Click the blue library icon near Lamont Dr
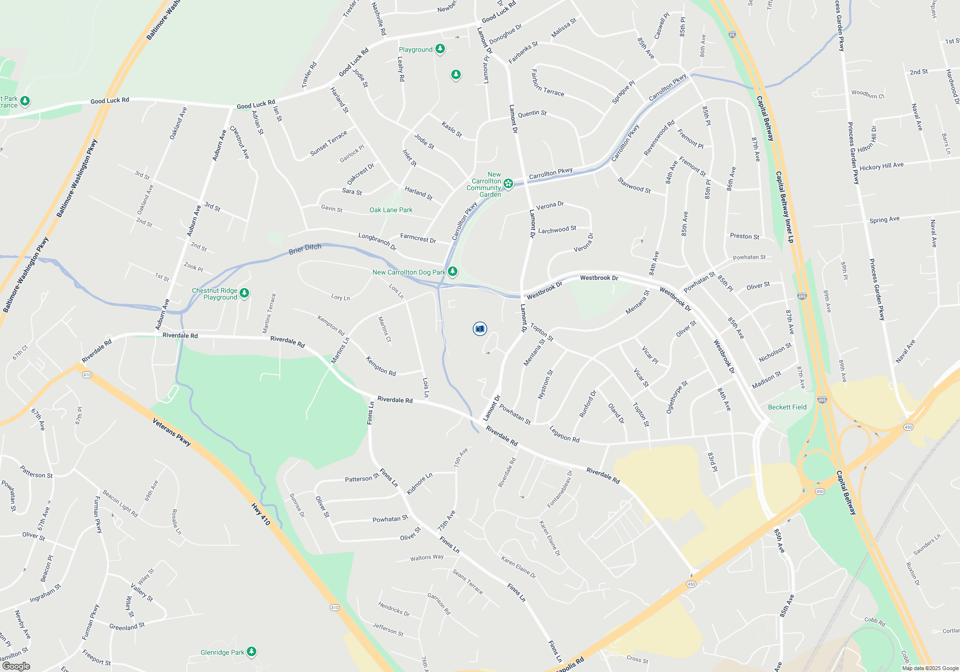coord(480,329)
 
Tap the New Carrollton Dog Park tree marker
coord(452,272)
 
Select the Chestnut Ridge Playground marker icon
coord(244,293)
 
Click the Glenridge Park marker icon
coord(252,651)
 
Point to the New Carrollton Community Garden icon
coord(508,183)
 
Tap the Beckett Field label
coord(787,407)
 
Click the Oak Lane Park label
coord(391,210)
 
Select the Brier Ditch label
coord(305,249)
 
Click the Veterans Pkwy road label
coord(171,432)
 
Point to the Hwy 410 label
coord(261,514)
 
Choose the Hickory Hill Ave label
coord(881,166)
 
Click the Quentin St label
coord(532,113)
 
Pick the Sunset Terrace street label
coord(328,143)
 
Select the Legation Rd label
coord(564,434)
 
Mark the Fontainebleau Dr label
coord(560,489)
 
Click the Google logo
coord(16,666)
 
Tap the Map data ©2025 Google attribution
coord(930,668)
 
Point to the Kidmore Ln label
coord(420,483)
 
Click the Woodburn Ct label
coord(868,94)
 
